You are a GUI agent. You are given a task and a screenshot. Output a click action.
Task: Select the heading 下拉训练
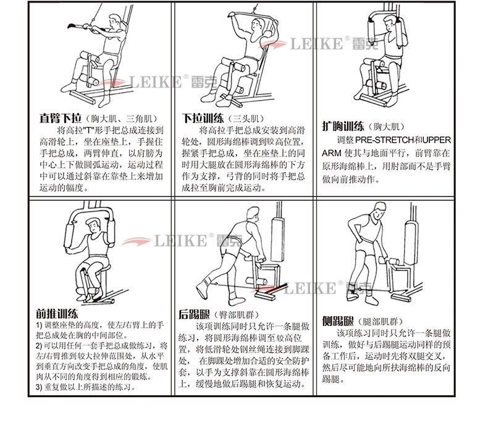point(203,118)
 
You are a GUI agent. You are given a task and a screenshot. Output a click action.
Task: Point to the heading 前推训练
point(57,313)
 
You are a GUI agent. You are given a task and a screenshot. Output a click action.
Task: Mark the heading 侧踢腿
point(338,321)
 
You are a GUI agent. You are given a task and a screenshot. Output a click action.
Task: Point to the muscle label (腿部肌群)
point(381,322)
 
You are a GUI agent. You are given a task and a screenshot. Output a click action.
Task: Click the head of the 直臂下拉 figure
point(113,23)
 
